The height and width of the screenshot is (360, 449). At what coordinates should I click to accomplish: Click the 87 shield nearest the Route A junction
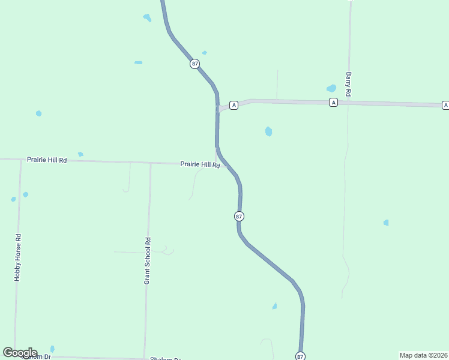pos(194,64)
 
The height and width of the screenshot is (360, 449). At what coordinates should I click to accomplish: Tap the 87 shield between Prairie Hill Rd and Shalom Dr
pos(239,216)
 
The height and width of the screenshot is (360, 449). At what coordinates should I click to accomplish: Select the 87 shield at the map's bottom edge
pos(300,356)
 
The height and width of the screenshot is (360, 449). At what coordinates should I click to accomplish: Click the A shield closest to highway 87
pos(234,105)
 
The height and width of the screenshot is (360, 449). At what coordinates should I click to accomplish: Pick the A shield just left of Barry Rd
pos(333,103)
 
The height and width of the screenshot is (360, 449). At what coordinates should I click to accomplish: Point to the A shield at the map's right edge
pos(445,105)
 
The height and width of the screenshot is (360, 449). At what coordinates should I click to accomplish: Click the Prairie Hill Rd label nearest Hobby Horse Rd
pos(47,160)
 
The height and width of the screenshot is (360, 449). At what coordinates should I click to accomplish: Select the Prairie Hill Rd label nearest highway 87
pos(200,164)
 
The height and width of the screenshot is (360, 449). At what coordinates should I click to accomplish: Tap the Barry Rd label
pos(348,85)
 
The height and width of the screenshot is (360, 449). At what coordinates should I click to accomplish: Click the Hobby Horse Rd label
pos(18,257)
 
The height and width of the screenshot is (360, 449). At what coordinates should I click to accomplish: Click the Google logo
pos(20,353)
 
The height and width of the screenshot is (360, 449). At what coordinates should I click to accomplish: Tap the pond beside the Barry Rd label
pos(331,88)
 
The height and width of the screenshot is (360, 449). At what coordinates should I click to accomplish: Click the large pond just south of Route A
pos(268,131)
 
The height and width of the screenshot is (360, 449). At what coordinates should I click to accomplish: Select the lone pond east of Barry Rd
pos(386,223)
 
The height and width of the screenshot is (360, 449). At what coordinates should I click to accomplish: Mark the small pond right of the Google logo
pos(52,349)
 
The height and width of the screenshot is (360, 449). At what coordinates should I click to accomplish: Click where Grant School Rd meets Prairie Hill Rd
pos(150,163)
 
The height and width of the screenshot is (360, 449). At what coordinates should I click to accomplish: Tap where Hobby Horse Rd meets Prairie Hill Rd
pos(20,160)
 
